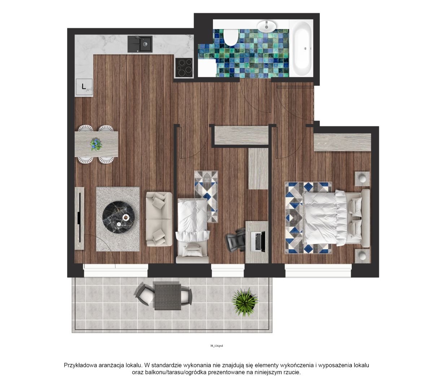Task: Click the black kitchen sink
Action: pos(140,44)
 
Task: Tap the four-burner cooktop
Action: pos(184,68)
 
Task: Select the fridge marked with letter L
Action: pos(84,87)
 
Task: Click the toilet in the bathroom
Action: pos(231,37)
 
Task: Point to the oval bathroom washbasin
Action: pos(267,26)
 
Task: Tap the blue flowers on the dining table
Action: pos(96,144)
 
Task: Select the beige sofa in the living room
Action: pos(159,219)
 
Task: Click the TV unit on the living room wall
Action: pos(79,218)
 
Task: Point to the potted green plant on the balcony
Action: pos(245,302)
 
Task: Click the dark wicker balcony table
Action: pos(167,297)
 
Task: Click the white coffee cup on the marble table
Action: pos(126,218)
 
